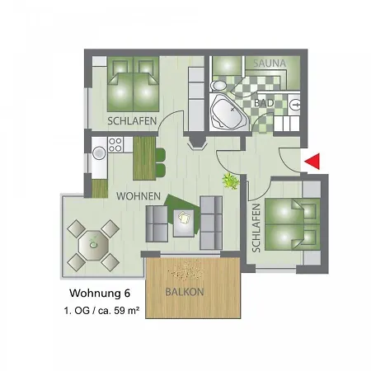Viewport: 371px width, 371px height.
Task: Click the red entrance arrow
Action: tap(312, 162)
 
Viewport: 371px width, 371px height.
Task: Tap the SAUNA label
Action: tap(270, 63)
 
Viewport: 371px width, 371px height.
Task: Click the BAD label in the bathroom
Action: tap(264, 103)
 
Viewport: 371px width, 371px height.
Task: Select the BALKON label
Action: tap(185, 292)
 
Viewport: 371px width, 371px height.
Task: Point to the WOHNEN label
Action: tap(139, 196)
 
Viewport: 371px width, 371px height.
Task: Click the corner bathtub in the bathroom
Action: tap(228, 112)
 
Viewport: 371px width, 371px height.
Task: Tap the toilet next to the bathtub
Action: tap(218, 86)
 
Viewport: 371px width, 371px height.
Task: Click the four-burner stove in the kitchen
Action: tap(115, 145)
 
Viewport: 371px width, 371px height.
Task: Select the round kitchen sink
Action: tap(99, 153)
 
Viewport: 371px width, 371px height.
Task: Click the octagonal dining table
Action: tap(93, 246)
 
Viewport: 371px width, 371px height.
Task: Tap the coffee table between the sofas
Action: tap(184, 223)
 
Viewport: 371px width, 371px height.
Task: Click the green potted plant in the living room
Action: tap(231, 181)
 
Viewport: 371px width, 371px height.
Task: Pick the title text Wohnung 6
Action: tap(100, 294)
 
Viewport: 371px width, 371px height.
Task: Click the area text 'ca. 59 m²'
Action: tap(119, 311)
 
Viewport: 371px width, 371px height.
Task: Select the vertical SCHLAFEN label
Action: tap(256, 228)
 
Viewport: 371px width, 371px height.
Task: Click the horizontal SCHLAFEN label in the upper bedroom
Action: tap(132, 121)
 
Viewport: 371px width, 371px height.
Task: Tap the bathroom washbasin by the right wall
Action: tap(294, 105)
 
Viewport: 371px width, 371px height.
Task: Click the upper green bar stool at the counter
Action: tap(161, 155)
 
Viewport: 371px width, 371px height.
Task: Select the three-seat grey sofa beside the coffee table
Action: tap(211, 223)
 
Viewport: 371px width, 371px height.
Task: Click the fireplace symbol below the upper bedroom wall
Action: tap(197, 142)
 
